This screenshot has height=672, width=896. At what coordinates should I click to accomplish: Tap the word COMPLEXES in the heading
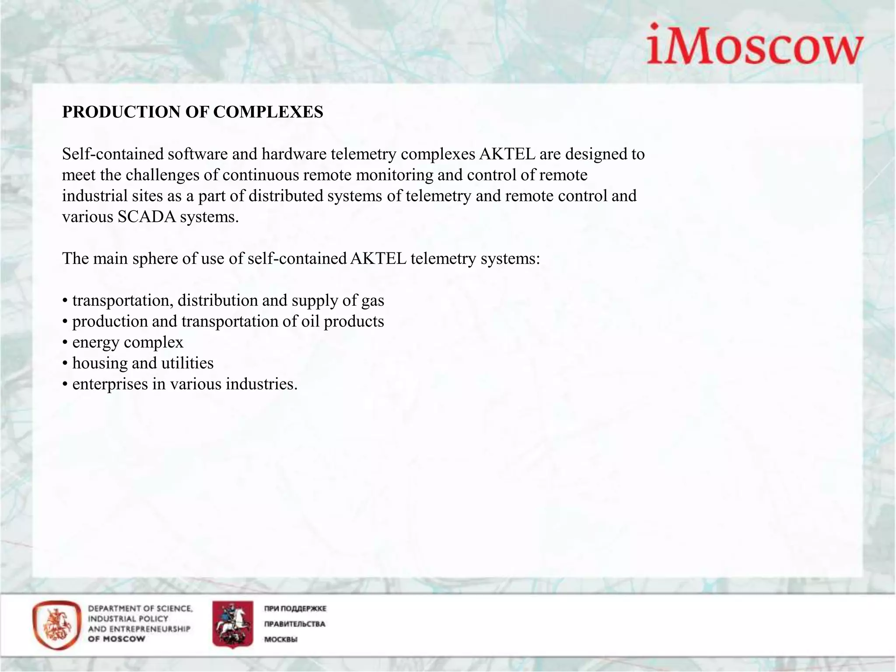268,112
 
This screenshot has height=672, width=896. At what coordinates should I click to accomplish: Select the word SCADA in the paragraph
147,217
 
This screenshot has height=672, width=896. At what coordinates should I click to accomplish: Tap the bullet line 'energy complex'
127,343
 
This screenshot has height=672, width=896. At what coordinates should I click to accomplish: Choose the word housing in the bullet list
99,363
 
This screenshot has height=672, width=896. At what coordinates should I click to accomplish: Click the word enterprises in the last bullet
110,384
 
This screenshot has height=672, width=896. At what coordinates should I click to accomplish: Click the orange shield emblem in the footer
57,624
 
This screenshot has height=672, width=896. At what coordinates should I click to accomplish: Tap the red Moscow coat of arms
233,624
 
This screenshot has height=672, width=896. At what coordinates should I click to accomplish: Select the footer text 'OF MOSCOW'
116,639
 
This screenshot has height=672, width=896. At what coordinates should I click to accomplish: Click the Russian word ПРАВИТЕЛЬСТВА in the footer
294,624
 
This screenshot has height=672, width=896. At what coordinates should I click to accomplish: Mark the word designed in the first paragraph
598,154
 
